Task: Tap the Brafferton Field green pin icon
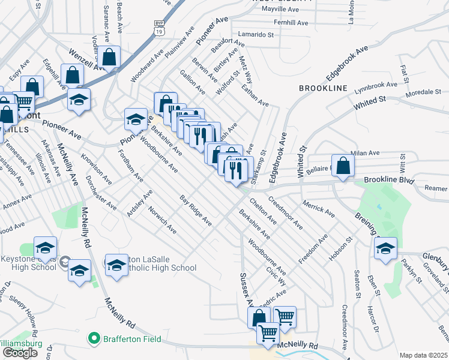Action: point(94,339)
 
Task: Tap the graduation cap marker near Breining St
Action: point(385,248)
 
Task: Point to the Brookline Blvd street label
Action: point(390,179)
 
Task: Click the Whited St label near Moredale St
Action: point(370,103)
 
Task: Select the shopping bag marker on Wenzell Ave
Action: point(109,57)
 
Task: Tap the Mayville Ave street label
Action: point(289,10)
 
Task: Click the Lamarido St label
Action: point(255,35)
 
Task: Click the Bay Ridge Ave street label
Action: point(196,210)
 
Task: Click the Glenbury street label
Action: point(435,259)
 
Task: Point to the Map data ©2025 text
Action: point(423,355)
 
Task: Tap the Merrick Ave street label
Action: point(319,208)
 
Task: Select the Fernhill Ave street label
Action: point(290,23)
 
